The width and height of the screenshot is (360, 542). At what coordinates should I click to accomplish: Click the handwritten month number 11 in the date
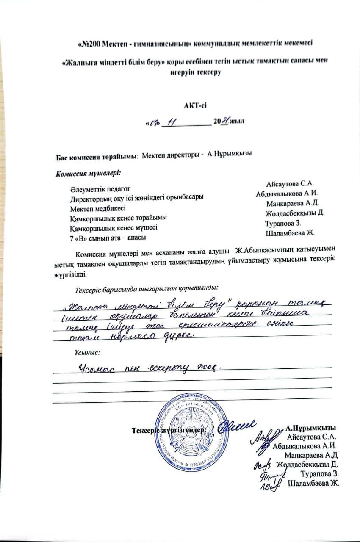[x=172, y=122]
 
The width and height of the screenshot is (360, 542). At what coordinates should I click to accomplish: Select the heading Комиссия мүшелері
[x=88, y=173]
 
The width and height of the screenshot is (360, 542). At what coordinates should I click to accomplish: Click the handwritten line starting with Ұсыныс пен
[x=150, y=367]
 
